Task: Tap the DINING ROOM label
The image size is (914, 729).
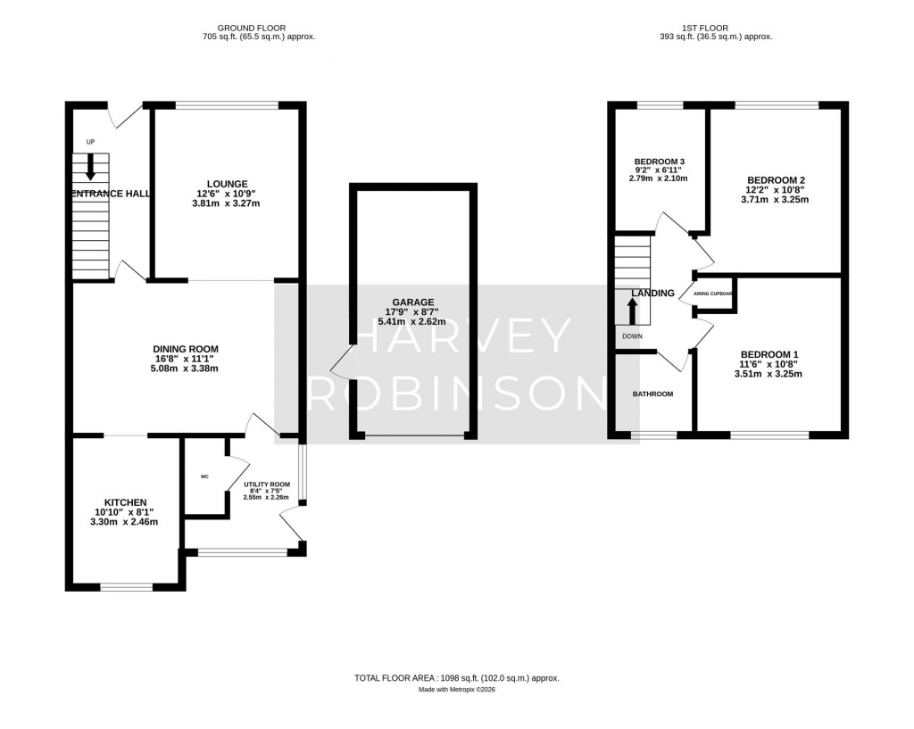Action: (186, 349)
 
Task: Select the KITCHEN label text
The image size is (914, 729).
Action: (125, 502)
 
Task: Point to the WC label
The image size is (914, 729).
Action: (204, 476)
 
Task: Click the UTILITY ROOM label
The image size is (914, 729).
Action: (267, 485)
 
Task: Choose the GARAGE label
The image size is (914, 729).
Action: (411, 302)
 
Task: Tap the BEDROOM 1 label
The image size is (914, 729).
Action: (768, 354)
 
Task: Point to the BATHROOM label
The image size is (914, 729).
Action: (652, 393)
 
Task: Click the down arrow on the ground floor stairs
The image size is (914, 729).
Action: (90, 167)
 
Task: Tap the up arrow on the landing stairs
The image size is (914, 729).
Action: (633, 311)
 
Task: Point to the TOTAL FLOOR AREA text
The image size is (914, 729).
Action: (456, 678)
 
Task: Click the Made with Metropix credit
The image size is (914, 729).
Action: (456, 690)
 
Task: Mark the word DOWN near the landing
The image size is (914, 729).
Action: (632, 336)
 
